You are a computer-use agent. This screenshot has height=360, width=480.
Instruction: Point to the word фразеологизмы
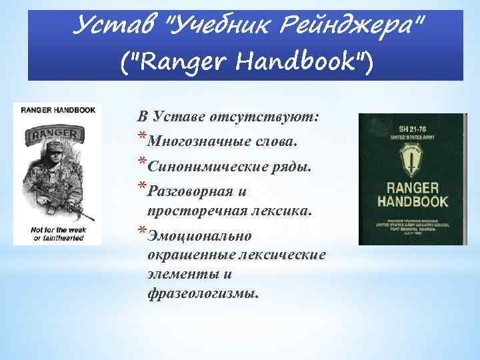pos(203,293)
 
